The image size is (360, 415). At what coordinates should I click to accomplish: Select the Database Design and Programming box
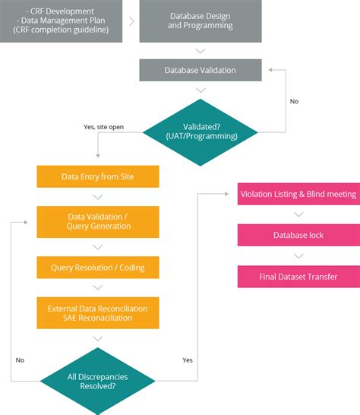coord(201,21)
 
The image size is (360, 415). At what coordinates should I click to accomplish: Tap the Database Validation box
coord(201,70)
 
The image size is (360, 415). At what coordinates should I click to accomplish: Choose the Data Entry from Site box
coord(97,176)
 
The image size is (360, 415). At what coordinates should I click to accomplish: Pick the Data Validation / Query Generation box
coord(97,221)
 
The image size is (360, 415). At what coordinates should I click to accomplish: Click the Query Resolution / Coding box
coord(97,268)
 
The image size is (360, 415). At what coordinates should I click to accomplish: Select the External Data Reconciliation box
coord(97,312)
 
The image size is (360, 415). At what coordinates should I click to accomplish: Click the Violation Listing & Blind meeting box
coord(298,194)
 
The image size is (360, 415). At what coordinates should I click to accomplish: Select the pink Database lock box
coord(298,235)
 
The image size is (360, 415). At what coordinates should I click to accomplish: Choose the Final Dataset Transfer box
coord(298,277)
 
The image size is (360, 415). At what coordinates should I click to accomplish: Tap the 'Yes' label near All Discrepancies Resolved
coord(188,359)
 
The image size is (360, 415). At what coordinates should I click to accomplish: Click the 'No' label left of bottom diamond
coord(21,359)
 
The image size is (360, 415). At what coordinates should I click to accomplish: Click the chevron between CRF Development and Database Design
coord(131,21)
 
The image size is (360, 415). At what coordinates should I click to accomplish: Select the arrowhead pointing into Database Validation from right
coord(264,70)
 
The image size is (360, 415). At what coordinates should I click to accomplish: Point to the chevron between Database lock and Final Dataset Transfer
coord(298,256)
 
